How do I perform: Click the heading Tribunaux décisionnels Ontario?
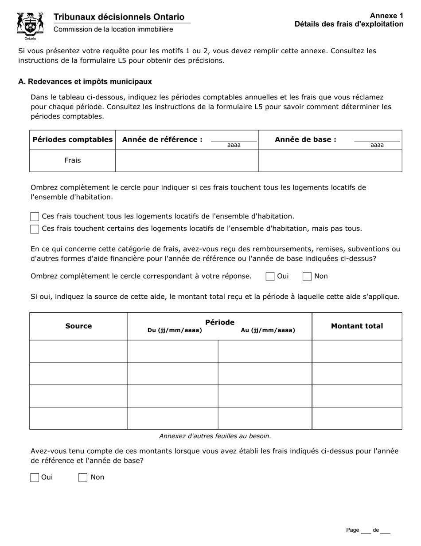(119, 17)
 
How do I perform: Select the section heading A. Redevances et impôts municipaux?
(85, 82)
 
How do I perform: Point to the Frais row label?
(73, 161)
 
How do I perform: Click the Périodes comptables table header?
(73, 139)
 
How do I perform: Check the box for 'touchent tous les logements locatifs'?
(35, 217)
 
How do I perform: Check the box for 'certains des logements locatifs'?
(35, 229)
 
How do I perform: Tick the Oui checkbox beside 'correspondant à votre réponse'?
(270, 277)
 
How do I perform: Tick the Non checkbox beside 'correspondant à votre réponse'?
(307, 277)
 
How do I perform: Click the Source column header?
(78, 326)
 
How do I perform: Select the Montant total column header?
(357, 326)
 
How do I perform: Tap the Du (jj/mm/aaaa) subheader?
(175, 330)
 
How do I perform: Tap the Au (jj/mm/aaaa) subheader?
(268, 330)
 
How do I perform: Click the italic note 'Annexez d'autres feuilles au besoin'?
(215, 436)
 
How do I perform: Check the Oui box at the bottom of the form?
(35, 478)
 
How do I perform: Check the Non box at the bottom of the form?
(83, 478)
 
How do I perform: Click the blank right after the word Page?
(366, 530)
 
